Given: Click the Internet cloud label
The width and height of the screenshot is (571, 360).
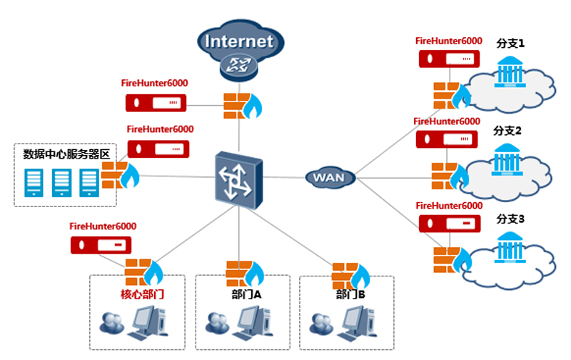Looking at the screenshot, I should click(x=239, y=40).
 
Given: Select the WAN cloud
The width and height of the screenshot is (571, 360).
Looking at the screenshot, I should click(x=330, y=176).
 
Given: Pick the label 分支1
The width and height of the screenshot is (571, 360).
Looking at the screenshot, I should click(x=510, y=44).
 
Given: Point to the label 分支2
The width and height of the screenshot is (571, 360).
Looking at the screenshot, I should click(x=508, y=131).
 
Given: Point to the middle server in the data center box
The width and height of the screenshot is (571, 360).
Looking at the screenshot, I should click(x=61, y=183).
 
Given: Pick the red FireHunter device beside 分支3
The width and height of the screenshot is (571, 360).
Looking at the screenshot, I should click(x=446, y=222).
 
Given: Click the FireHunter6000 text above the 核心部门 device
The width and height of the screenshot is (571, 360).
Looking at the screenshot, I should click(x=103, y=226).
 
